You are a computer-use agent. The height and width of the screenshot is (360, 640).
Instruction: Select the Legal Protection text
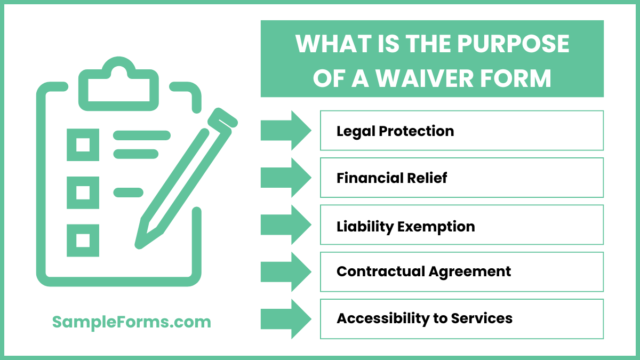(395, 131)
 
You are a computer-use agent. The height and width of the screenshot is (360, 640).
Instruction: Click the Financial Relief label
(392, 178)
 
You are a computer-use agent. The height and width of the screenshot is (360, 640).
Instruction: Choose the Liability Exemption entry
(406, 226)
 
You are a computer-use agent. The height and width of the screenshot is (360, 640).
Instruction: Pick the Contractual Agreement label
(424, 271)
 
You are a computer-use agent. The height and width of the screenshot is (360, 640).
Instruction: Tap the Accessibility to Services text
(425, 318)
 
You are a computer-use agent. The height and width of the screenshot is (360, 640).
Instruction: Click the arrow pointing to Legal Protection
(285, 131)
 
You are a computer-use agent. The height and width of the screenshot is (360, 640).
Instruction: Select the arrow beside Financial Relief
(285, 178)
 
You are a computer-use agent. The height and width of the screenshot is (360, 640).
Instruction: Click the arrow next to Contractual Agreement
(285, 271)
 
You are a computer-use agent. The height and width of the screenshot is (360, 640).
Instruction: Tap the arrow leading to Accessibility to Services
(285, 318)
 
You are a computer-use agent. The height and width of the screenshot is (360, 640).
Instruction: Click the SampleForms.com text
(132, 322)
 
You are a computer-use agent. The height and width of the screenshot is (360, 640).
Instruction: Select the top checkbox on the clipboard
(83, 145)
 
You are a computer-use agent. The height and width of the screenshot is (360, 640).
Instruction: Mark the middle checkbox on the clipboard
(83, 193)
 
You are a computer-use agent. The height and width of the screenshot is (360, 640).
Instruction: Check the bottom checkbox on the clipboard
(83, 241)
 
